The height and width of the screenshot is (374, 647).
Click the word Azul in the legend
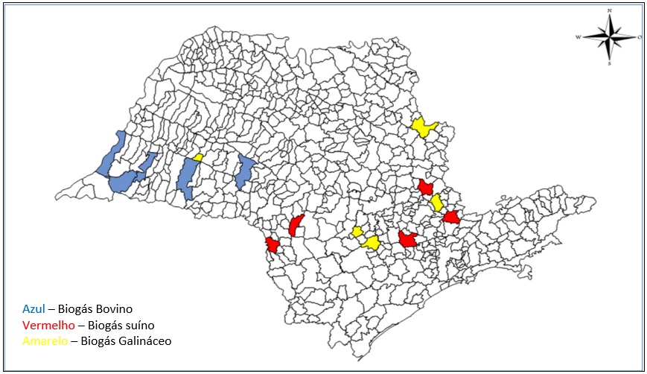click(x=34, y=308)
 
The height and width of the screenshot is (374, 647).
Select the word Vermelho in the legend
click(x=48, y=325)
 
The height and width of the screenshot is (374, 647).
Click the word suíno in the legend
click(x=143, y=325)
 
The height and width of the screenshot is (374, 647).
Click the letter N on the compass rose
click(x=610, y=10)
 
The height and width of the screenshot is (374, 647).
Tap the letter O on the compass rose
click(x=640, y=36)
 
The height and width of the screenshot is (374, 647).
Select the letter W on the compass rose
click(x=579, y=36)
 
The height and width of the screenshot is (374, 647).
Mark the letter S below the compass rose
click(x=610, y=63)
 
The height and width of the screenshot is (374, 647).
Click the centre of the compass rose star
click(x=610, y=36)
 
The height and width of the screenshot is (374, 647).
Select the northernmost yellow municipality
click(x=424, y=127)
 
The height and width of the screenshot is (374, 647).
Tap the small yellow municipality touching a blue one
click(x=197, y=158)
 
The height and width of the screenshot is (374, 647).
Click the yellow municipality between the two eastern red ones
click(x=437, y=203)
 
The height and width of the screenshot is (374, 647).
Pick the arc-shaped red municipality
click(x=296, y=225)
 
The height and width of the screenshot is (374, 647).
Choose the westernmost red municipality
click(x=272, y=245)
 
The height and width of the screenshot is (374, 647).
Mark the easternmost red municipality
click(x=451, y=218)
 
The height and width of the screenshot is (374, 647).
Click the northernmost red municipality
click(x=426, y=186)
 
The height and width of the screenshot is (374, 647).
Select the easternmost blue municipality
click(x=244, y=172)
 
